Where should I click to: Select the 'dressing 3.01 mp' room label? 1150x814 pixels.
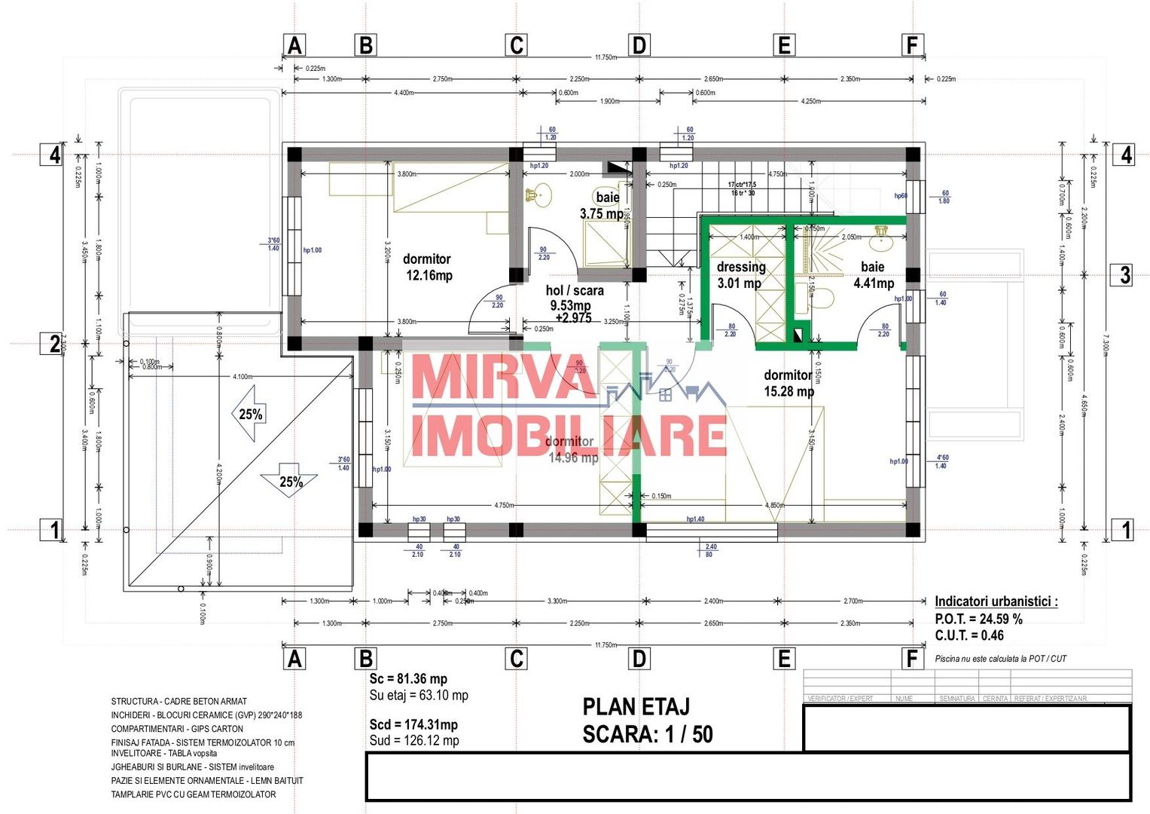(x=740, y=275)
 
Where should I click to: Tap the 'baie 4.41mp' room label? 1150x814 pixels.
(x=873, y=275)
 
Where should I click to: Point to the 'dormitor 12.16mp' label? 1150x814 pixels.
(x=428, y=268)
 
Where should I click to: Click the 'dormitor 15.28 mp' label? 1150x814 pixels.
(x=789, y=383)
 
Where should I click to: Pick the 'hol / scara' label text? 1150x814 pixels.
(x=575, y=290)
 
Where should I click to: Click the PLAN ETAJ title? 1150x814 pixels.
(x=636, y=707)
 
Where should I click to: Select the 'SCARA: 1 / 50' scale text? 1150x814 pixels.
(x=647, y=734)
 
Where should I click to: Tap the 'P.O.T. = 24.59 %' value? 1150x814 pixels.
(x=978, y=619)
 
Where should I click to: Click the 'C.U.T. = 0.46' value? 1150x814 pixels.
(x=969, y=635)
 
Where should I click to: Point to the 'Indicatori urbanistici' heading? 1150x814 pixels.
(x=996, y=601)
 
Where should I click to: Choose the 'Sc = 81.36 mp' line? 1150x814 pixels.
(x=407, y=679)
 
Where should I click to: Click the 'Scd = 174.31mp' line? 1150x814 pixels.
(x=413, y=724)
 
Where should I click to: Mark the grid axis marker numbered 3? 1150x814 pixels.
(x=1124, y=274)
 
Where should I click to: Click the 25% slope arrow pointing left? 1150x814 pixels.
(x=249, y=413)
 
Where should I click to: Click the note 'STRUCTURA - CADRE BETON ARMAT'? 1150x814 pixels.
(x=178, y=701)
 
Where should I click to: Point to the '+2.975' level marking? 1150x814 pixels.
(x=573, y=318)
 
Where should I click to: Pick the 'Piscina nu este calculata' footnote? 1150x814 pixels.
(x=1000, y=659)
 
